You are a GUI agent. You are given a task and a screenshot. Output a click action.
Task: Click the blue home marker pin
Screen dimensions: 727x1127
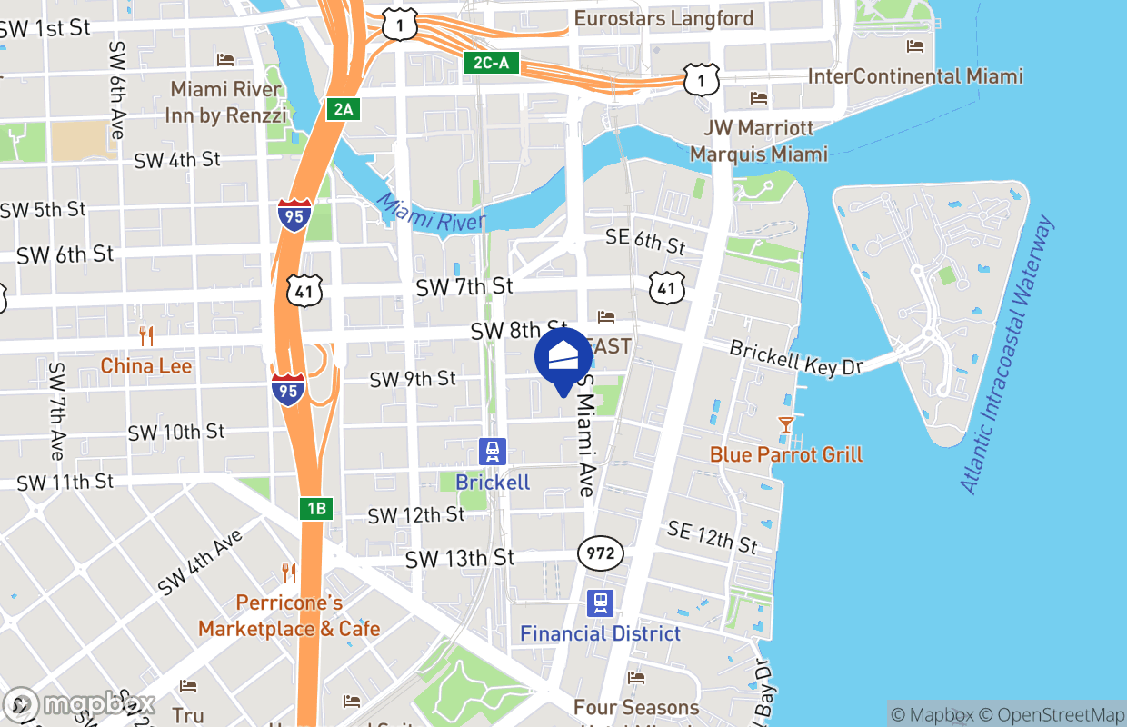(x=563, y=357)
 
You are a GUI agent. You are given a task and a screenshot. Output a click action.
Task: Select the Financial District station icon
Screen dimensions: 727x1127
(x=600, y=603)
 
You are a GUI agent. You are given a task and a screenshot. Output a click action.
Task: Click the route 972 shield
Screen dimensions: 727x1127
(x=600, y=553)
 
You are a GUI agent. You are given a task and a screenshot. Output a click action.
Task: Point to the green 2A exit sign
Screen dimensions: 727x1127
(x=343, y=110)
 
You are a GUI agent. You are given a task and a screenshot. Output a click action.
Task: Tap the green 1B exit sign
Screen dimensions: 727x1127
(x=315, y=508)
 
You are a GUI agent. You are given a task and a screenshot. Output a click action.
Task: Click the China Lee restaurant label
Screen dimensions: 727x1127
(x=145, y=366)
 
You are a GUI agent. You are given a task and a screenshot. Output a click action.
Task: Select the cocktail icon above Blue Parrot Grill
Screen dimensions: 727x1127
(x=785, y=424)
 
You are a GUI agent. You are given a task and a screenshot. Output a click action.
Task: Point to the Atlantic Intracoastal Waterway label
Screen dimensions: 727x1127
(x=1009, y=354)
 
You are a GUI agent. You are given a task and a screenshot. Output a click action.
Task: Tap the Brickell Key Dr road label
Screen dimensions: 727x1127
(x=795, y=359)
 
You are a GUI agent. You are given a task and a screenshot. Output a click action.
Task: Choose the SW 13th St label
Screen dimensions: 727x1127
(x=459, y=558)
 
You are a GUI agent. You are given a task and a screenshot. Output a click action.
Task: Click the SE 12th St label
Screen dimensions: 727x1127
(x=712, y=536)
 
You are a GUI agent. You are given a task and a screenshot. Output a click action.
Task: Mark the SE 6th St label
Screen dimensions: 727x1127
(x=645, y=241)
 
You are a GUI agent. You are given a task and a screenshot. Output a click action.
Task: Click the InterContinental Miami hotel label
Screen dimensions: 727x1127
(x=915, y=76)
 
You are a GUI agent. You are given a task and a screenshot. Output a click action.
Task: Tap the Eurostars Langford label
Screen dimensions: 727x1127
(x=663, y=18)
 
